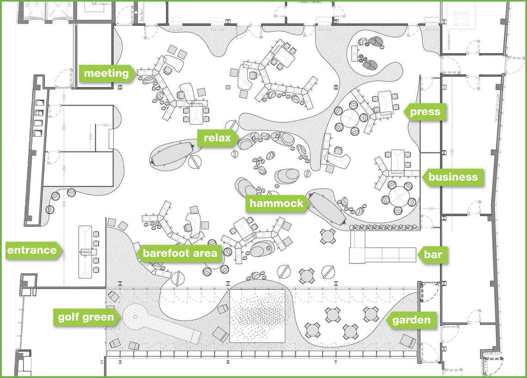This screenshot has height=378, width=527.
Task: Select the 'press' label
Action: tap(424, 112)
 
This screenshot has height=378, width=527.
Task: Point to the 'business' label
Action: tap(452, 177)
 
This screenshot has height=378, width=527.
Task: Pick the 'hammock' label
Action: tap(276, 203)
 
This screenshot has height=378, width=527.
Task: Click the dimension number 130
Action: tap(104, 125)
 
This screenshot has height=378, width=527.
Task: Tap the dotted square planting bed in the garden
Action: tap(261, 316)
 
